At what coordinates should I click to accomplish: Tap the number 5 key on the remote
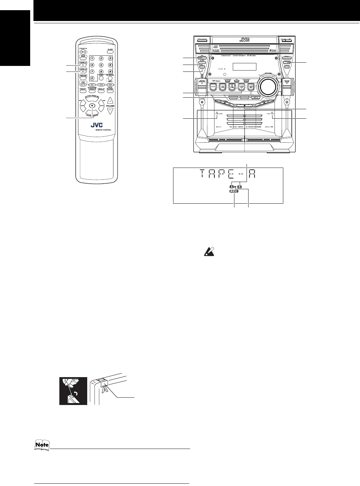(101, 65)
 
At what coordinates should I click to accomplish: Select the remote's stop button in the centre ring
(92, 106)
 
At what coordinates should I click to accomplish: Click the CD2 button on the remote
(101, 85)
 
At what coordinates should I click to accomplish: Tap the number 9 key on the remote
(110, 71)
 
